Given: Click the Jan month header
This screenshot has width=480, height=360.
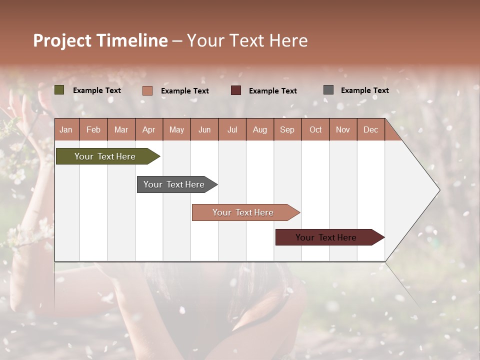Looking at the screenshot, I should click(x=66, y=129).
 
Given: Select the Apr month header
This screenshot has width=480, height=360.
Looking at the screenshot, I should click(x=148, y=129).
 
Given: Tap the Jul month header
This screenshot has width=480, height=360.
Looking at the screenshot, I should click(x=232, y=129).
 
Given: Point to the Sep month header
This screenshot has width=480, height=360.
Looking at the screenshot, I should click(x=287, y=129).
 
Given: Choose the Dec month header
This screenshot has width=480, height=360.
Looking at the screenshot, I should click(x=370, y=129).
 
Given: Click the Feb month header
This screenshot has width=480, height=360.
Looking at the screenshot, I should click(x=93, y=129).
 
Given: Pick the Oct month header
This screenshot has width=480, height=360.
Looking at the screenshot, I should click(x=315, y=129).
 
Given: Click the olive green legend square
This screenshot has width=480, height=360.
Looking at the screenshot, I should click(x=59, y=90).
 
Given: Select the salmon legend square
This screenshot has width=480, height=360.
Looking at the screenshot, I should click(x=147, y=90).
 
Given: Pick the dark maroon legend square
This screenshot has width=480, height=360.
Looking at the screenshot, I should click(x=236, y=90).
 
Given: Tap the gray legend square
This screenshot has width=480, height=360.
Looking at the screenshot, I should click(x=328, y=90).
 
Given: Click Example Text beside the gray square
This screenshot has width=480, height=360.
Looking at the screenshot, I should click(x=364, y=90).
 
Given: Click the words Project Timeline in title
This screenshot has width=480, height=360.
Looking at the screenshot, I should click(x=100, y=40).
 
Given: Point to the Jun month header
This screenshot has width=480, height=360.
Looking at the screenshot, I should click(x=204, y=129).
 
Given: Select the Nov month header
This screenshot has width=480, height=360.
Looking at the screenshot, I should click(x=343, y=129).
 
